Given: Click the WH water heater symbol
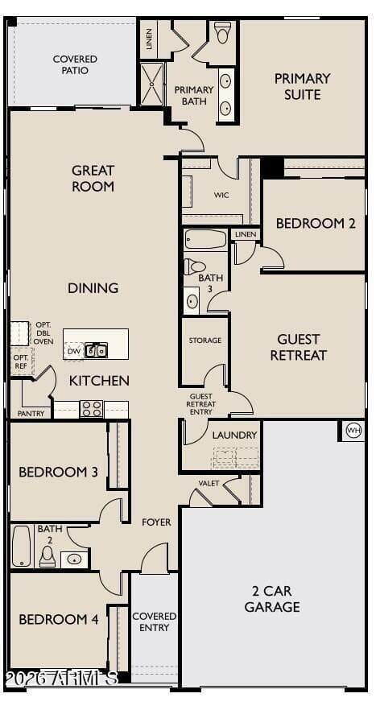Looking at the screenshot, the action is pyautogui.click(x=354, y=431).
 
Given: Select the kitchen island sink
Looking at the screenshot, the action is pyautogui.click(x=96, y=350).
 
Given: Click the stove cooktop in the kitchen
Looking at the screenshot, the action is pyautogui.click(x=91, y=409).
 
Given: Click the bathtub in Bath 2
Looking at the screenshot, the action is pyautogui.click(x=21, y=547).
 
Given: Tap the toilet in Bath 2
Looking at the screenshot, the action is pyautogui.click(x=47, y=556).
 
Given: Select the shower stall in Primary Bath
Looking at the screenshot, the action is pyautogui.click(x=151, y=85).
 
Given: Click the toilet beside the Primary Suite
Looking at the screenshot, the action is pyautogui.click(x=222, y=32).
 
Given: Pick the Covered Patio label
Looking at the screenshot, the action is pyautogui.click(x=75, y=64).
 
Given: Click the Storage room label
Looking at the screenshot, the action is pyautogui.click(x=205, y=340).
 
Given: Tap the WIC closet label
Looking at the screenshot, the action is pyautogui.click(x=221, y=195).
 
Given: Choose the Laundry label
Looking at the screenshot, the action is pyautogui.click(x=234, y=435).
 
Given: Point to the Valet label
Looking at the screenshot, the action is pyautogui.click(x=209, y=484).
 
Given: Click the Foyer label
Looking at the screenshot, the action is pyautogui.click(x=156, y=522).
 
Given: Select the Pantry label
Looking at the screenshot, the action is pyautogui.click(x=31, y=414).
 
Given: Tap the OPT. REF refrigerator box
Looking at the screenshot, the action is pyautogui.click(x=22, y=361).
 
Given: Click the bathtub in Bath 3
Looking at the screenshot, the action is pyautogui.click(x=205, y=239).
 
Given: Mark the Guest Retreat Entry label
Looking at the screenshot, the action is pyautogui.click(x=201, y=404).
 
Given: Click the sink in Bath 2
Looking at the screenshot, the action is pyautogui.click(x=74, y=559).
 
